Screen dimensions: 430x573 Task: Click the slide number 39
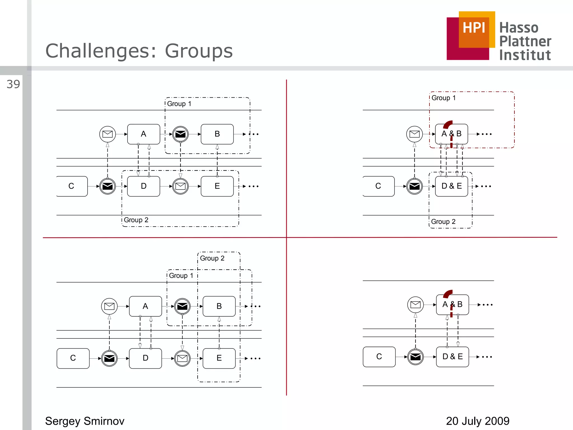(x=13, y=84)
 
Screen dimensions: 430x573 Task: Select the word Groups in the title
(x=199, y=51)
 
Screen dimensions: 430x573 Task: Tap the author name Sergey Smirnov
(x=84, y=421)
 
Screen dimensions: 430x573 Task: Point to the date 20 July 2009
(x=478, y=421)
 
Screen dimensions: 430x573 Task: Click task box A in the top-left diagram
(x=144, y=134)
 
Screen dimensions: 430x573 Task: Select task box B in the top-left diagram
(x=217, y=134)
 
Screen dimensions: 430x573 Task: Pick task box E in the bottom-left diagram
(x=219, y=358)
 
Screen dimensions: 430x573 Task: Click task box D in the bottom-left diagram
(x=145, y=358)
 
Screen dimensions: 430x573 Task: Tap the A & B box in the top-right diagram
(x=451, y=134)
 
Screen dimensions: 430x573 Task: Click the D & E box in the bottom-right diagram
(x=452, y=357)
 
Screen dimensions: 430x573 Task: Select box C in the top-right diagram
(x=378, y=186)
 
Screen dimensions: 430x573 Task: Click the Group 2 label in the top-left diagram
(x=136, y=220)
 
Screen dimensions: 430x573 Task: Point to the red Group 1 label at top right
(x=443, y=98)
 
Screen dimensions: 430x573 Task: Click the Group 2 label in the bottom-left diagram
(x=212, y=258)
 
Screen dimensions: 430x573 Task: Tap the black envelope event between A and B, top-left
(x=180, y=134)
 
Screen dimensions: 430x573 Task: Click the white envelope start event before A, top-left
(x=107, y=134)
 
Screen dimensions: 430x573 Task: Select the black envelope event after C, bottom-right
(x=415, y=357)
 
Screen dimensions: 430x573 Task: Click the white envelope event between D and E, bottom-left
(x=182, y=358)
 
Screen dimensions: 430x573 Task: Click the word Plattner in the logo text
(x=525, y=41)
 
